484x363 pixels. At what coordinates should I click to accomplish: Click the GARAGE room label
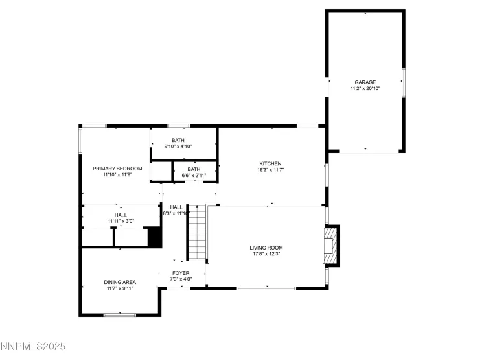[365, 82]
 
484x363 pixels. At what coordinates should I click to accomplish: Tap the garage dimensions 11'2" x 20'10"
[365, 88]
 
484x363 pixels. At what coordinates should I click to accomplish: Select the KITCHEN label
[270, 163]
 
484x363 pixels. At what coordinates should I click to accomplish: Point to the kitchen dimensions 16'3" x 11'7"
[270, 169]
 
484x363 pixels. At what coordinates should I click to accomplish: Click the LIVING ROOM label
[266, 248]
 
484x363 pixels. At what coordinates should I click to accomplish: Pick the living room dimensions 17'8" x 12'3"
[266, 253]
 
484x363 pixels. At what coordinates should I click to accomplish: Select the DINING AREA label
[120, 282]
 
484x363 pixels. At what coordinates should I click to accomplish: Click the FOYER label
[180, 273]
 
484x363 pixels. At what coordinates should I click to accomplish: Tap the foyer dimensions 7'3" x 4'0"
[180, 279]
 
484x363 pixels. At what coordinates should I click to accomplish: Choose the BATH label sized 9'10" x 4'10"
[178, 141]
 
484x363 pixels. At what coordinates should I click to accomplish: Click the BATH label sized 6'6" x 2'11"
[193, 169]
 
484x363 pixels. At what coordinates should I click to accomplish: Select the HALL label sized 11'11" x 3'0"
[121, 215]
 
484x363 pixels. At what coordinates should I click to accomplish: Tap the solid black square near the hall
[154, 237]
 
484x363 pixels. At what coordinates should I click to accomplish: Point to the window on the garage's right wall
[403, 82]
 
